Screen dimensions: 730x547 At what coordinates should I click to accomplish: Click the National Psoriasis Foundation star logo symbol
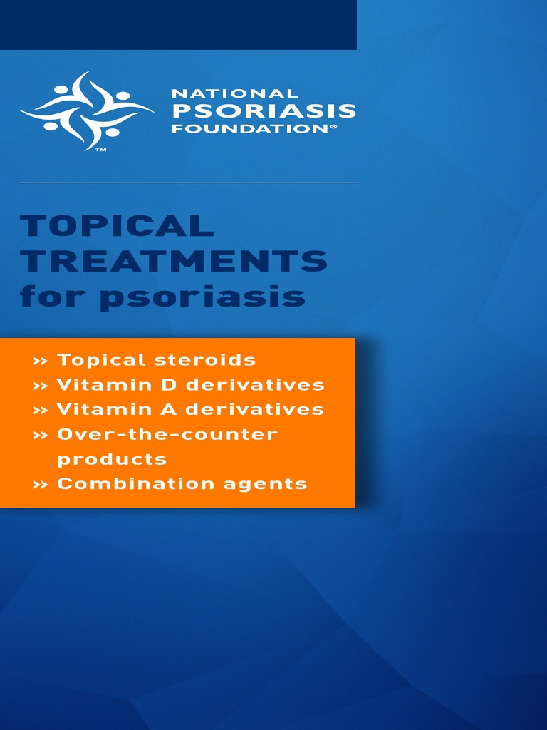click(x=86, y=110)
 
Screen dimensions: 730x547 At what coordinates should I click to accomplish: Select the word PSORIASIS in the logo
click(x=264, y=111)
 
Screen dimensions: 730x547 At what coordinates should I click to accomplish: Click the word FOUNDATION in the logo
click(x=249, y=129)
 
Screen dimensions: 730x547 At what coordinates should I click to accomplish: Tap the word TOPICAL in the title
click(x=117, y=226)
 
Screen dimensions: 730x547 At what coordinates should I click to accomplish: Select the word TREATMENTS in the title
click(x=174, y=262)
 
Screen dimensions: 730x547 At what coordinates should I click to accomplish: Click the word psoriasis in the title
click(x=202, y=297)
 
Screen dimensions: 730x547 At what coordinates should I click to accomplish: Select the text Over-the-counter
click(x=167, y=434)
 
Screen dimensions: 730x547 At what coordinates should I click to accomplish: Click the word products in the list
click(x=112, y=459)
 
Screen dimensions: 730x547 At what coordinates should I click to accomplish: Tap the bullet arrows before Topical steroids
click(x=41, y=361)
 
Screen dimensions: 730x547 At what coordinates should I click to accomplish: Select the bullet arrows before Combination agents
click(x=41, y=485)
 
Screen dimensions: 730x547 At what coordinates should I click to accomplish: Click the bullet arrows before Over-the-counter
click(x=41, y=435)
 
